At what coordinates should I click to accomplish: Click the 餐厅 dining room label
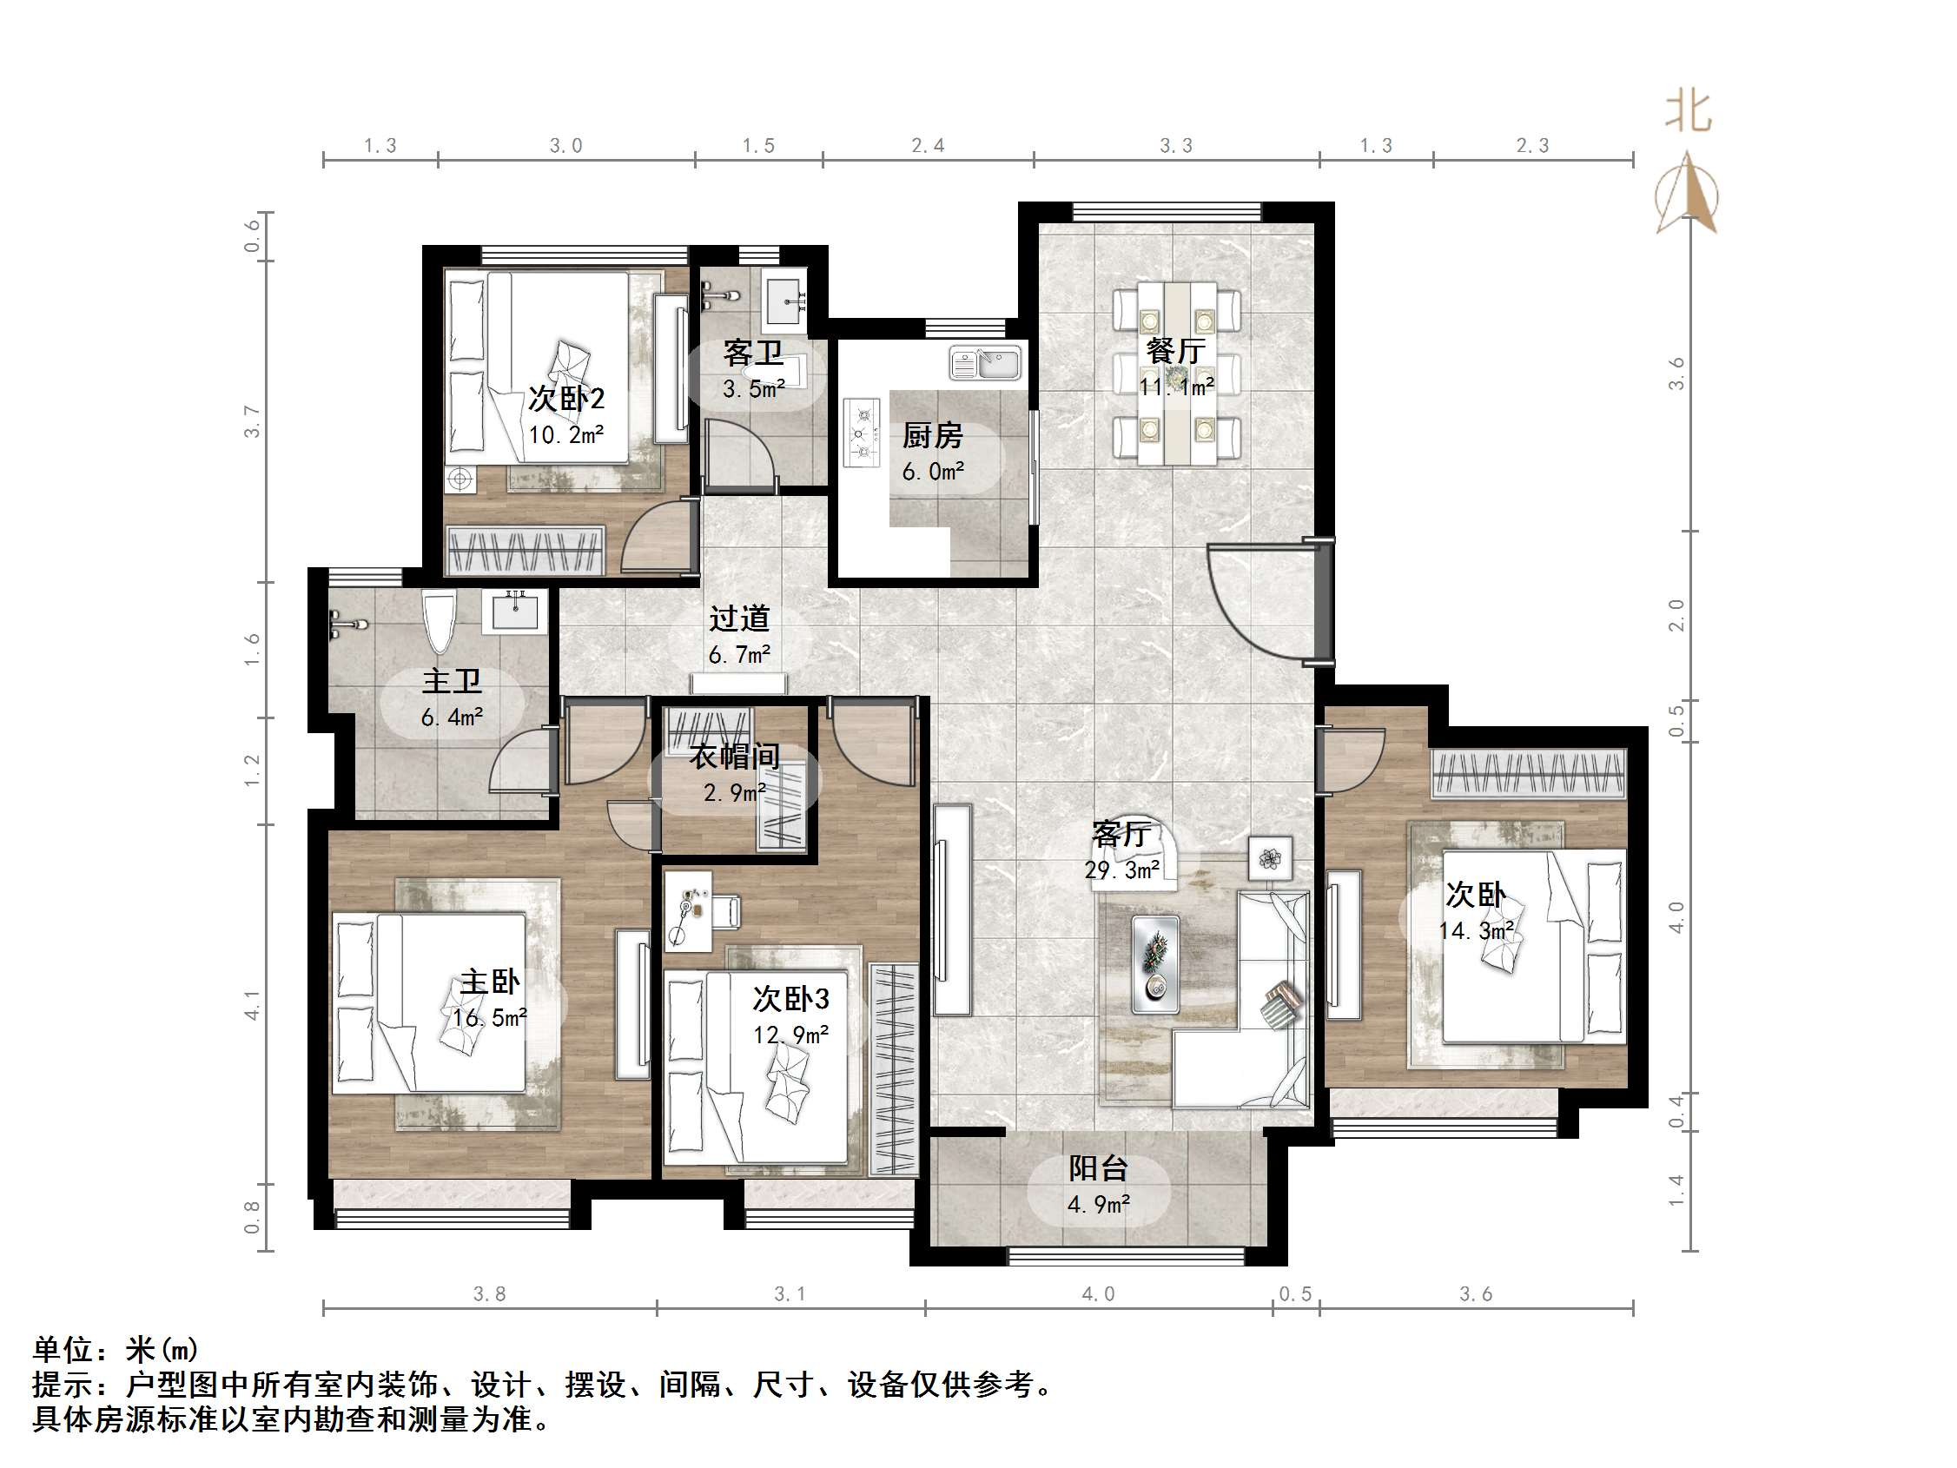point(1175,351)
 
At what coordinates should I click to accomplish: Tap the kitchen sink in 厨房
point(985,363)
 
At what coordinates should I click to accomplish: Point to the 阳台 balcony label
point(1098,1168)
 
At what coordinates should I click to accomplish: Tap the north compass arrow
point(1688,192)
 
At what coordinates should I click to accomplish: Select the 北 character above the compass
point(1688,113)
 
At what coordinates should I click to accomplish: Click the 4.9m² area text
point(1098,1204)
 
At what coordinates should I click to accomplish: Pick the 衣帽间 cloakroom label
point(735,757)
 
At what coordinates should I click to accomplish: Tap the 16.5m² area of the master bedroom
point(489,1017)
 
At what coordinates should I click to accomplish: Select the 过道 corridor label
point(738,618)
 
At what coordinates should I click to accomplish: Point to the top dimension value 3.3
point(1176,146)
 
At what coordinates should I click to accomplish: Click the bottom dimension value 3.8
point(489,1294)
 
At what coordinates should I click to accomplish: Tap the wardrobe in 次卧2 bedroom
point(526,551)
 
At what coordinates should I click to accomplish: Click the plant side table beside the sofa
point(1271,857)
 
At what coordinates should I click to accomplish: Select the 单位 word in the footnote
point(63,1349)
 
